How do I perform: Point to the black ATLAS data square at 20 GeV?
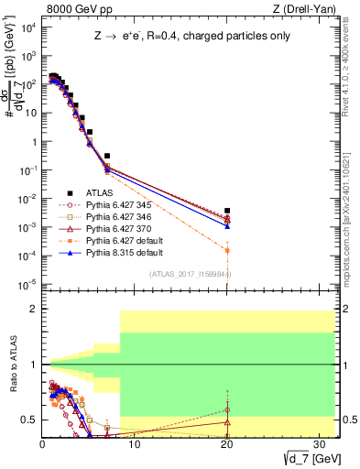[227, 211]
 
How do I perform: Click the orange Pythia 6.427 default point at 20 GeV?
[227, 250]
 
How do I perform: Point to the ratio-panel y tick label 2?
[33, 310]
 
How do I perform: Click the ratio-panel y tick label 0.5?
[29, 420]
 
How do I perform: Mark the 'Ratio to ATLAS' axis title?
[13, 365]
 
